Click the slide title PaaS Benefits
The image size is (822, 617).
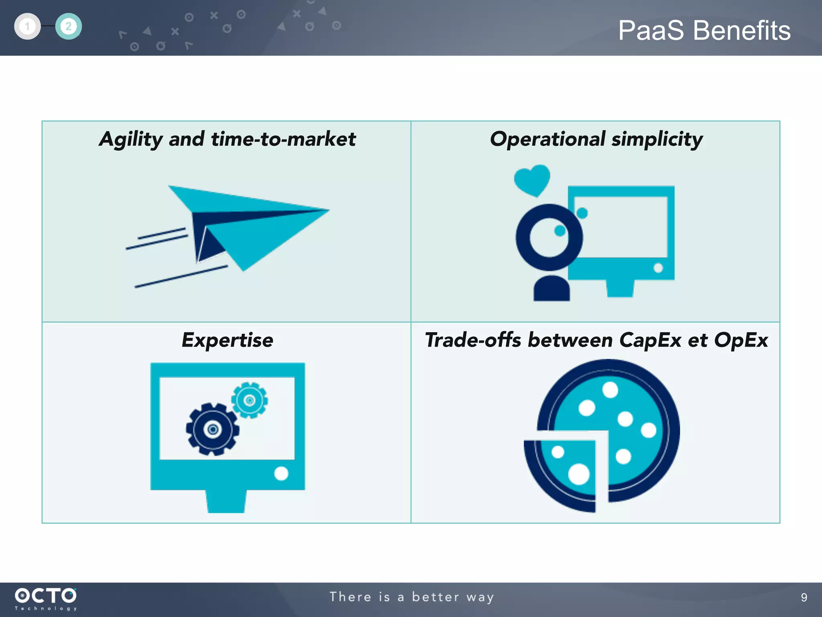click(704, 31)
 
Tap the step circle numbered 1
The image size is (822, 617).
click(27, 27)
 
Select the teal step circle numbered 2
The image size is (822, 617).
click(68, 27)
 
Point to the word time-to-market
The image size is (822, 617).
click(283, 139)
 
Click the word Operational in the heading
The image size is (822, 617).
click(547, 139)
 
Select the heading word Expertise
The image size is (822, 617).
click(227, 340)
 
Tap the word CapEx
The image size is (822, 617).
click(650, 340)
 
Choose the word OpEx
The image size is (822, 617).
click(741, 340)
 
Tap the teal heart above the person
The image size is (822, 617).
click(532, 180)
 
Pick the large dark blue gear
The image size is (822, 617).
click(212, 429)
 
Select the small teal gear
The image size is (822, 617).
click(249, 400)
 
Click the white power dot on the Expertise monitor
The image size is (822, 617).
click(281, 473)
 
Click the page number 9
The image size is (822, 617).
click(804, 597)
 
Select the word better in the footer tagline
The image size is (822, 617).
click(435, 597)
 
